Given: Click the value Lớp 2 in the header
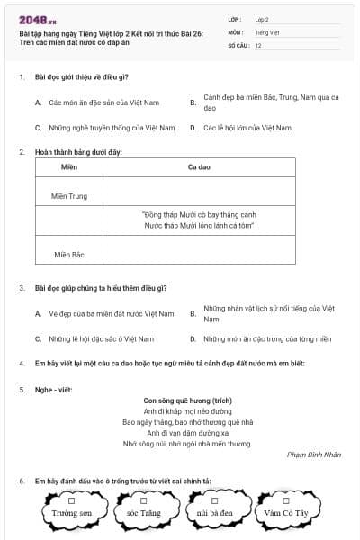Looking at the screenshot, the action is click(262, 19).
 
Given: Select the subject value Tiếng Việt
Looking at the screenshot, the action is click(266, 31).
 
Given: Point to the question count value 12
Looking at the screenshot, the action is click(258, 44).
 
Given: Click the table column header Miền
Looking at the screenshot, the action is click(69, 167).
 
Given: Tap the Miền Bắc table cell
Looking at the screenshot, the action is click(69, 255).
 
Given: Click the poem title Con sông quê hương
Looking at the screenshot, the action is click(188, 399).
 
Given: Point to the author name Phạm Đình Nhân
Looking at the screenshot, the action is click(313, 454).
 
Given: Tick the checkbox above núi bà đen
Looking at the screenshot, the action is click(215, 500).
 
